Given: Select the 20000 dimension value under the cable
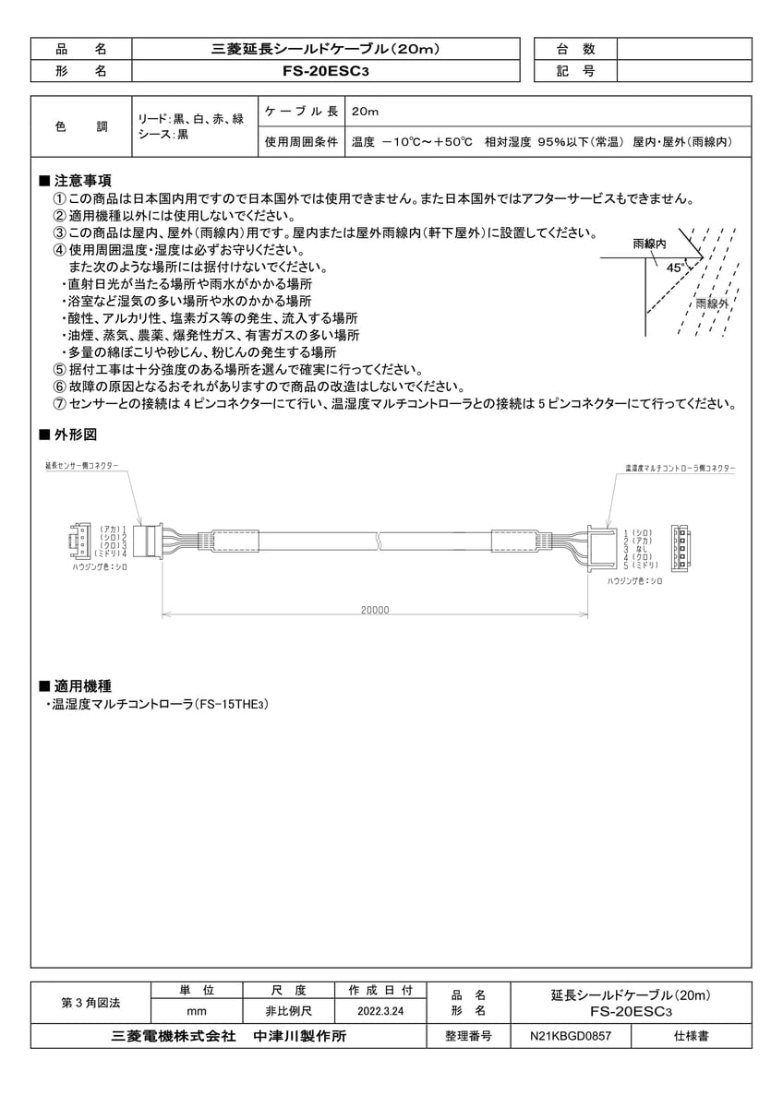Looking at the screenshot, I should click(376, 610).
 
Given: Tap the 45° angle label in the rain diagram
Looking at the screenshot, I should click(676, 267).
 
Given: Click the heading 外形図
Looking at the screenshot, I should click(75, 434).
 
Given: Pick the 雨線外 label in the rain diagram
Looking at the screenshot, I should click(712, 304).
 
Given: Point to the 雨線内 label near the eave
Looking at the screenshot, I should click(649, 244).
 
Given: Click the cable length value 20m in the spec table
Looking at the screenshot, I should click(366, 113).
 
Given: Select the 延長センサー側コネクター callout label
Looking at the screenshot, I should click(82, 467).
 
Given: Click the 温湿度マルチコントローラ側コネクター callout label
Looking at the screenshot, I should click(679, 469).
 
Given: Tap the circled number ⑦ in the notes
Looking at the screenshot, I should click(61, 403).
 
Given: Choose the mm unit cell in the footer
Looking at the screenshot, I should click(196, 1012).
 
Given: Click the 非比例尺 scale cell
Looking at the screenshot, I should click(287, 1012).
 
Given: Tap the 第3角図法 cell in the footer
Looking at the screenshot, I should click(90, 1001).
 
